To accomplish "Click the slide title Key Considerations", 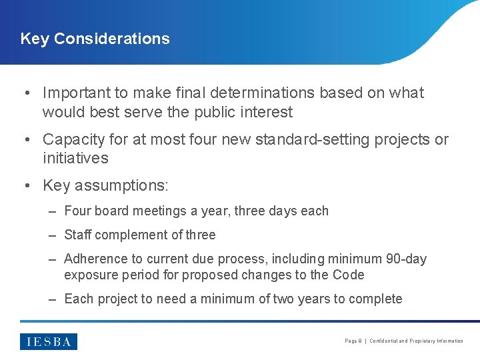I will click(95, 39).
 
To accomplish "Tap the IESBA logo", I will click(49, 341).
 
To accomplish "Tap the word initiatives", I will click(75, 159).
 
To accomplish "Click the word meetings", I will click(155, 211).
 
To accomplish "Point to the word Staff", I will click(78, 235).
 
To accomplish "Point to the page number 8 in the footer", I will click(361, 341).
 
